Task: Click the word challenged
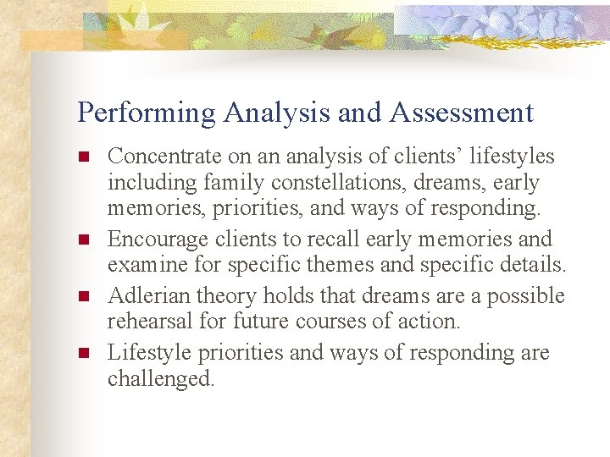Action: coord(160,379)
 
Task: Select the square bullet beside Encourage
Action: coord(82,240)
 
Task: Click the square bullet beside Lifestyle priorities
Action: coord(82,353)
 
